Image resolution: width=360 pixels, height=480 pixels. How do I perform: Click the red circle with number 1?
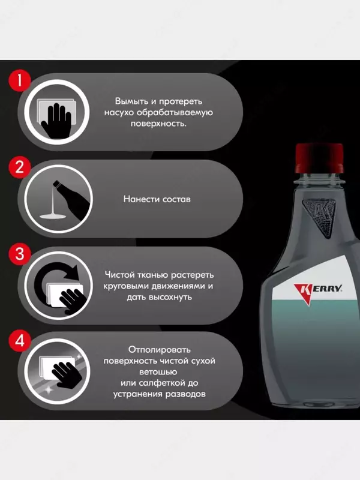pyautogui.click(x=20, y=81)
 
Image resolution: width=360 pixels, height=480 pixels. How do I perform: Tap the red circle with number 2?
pyautogui.click(x=20, y=167)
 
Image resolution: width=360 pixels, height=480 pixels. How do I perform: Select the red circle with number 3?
pyautogui.click(x=20, y=254)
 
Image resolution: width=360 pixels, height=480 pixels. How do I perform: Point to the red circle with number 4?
pyautogui.click(x=20, y=340)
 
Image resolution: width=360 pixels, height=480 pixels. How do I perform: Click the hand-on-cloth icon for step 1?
pyautogui.click(x=56, y=118)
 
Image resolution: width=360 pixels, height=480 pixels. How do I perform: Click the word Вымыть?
pyautogui.click(x=131, y=101)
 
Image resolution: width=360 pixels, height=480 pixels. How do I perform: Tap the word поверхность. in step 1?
pyautogui.click(x=158, y=124)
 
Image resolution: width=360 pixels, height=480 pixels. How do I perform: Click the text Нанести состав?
pyautogui.click(x=157, y=199)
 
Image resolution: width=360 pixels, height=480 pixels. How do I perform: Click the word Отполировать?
pyautogui.click(x=159, y=349)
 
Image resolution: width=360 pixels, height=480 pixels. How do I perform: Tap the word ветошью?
pyautogui.click(x=158, y=372)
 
